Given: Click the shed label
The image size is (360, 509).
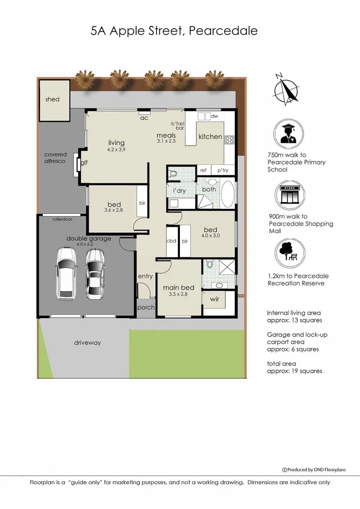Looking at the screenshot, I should [x=52, y=99].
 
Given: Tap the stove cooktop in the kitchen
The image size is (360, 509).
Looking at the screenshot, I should [x=229, y=140].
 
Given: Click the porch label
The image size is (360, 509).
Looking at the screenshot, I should [x=146, y=307].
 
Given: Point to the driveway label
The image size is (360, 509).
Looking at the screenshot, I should [x=87, y=343].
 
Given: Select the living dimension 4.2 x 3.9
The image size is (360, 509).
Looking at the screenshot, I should [x=116, y=149].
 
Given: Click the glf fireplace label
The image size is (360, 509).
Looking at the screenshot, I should [x=84, y=163].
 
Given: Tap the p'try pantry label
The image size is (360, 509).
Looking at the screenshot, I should [x=222, y=171].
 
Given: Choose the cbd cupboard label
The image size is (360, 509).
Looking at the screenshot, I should [x=172, y=241].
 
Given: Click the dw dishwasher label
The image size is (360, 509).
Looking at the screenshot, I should [x=214, y=116].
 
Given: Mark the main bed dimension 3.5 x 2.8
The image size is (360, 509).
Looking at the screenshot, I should [x=179, y=294].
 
